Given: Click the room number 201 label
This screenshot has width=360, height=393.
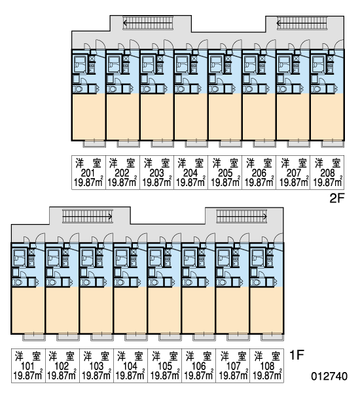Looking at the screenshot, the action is [88, 173].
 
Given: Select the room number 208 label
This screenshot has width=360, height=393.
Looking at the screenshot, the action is [327, 173].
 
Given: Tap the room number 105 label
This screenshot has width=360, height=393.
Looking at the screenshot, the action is [164, 366].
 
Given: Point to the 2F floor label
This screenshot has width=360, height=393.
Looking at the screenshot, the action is [337, 198].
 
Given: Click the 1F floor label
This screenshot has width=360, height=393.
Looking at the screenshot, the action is [297, 355].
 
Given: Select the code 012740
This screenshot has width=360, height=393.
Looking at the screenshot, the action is [329, 376].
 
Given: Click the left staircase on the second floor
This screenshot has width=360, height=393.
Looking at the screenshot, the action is [148, 23].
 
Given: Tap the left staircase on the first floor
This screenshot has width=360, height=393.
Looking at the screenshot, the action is [88, 216].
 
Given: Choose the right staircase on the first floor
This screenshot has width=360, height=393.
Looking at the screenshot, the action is [242, 216].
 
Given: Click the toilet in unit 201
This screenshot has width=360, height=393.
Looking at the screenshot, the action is [79, 89].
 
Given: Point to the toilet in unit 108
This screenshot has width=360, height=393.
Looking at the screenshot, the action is [255, 282].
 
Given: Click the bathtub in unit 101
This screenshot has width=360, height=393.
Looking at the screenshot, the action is [19, 257].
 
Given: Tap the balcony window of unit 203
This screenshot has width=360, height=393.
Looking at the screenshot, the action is [162, 143].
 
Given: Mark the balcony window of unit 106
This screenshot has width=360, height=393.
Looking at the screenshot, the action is [204, 337].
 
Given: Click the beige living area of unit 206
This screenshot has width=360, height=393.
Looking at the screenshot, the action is [259, 117].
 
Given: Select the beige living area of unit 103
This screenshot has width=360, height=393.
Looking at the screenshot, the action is [96, 310].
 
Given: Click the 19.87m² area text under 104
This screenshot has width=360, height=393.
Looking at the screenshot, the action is [130, 375].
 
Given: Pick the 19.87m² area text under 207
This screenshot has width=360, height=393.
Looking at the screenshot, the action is [294, 182].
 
